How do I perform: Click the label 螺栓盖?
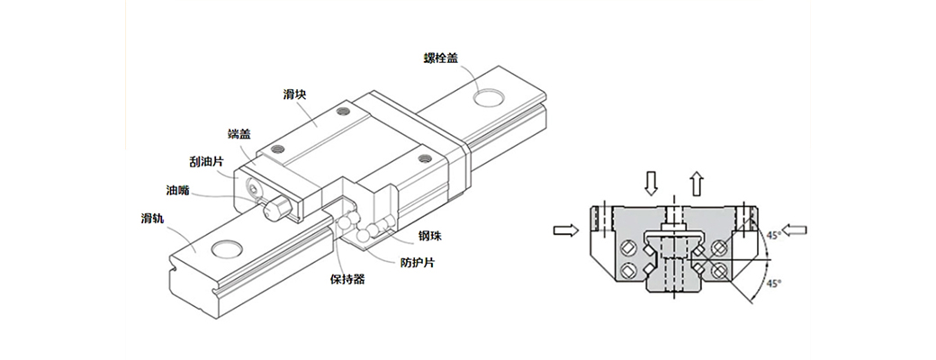tap(442, 58)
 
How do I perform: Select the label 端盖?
tap(240, 134)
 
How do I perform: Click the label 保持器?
tap(347, 280)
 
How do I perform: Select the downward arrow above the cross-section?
tap(652, 183)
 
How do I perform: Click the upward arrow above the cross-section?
tap(696, 183)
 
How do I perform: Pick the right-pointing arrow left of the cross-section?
tap(566, 230)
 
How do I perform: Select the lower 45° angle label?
tap(771, 283)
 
